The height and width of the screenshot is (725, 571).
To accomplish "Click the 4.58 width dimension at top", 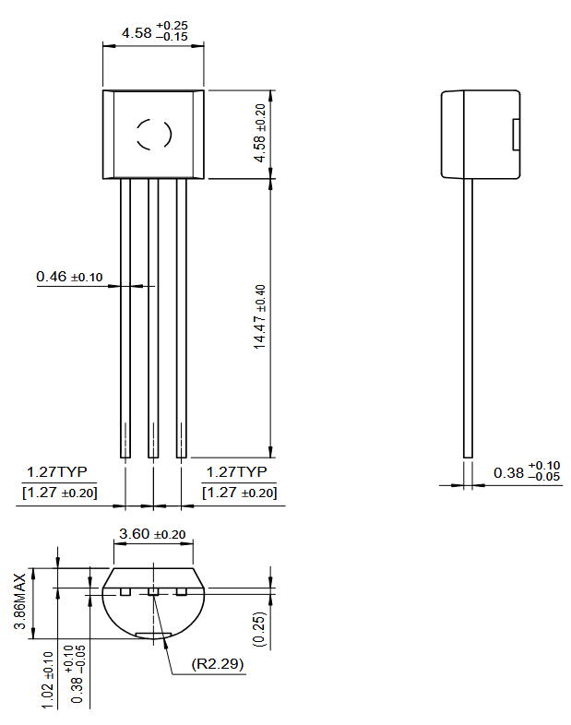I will pos(152,33).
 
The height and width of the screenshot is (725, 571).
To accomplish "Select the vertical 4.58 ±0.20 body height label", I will pos(260,129).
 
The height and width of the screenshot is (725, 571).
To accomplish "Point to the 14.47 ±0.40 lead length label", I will pos(260,315).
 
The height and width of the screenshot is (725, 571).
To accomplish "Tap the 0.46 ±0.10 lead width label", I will pos(69,276).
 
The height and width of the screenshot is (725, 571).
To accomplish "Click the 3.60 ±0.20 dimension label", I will pos(152,534).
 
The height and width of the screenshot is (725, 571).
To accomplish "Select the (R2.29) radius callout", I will pos(218,664).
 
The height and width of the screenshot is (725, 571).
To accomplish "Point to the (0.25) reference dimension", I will pos(260,628).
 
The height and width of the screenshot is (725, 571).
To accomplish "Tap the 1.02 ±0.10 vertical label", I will pos(47,681).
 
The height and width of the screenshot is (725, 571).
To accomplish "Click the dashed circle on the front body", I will pos(153,135).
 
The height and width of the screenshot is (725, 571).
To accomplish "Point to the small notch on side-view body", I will pos(515,135).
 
